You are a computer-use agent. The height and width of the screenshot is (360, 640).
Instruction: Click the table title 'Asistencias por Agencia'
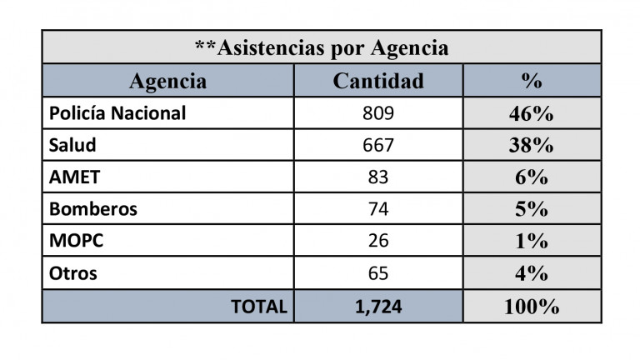point(321,47)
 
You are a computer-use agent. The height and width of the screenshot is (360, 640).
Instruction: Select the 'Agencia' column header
point(167,81)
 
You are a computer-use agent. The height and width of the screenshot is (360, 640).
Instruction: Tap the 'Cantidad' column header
point(378,81)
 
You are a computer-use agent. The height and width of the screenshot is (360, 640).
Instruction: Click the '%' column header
point(532,81)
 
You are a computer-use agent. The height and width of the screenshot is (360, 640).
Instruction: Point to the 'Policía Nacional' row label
point(117,113)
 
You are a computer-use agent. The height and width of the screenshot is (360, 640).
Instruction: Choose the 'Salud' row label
point(73,145)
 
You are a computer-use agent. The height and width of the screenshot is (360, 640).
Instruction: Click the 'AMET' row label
point(75,177)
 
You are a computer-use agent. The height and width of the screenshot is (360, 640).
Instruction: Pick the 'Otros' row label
point(73,273)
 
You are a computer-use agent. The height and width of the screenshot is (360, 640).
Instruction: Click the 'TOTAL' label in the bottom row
point(259,306)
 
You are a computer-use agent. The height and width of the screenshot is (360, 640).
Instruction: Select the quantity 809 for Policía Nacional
point(378,113)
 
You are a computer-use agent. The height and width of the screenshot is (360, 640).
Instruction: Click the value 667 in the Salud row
point(378,145)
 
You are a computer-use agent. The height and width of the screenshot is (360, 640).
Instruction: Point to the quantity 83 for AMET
point(378,177)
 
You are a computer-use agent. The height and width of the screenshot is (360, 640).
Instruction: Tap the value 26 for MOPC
point(378,241)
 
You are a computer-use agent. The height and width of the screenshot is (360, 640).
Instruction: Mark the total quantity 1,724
point(378,306)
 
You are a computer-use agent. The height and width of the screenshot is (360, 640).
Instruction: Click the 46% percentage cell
point(532,113)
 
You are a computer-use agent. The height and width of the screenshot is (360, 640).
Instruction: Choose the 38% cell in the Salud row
point(532,145)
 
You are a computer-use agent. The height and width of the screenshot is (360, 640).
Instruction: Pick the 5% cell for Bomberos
point(532,209)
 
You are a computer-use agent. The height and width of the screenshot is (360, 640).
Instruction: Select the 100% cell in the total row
point(532,306)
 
